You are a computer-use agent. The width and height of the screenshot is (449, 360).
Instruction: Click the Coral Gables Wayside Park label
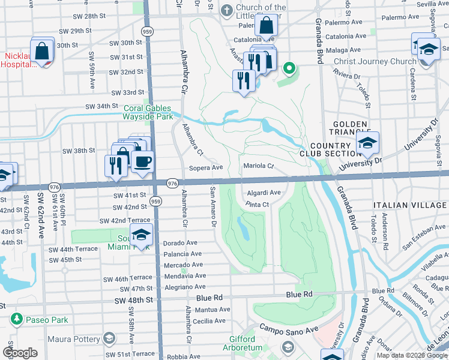point(148,112)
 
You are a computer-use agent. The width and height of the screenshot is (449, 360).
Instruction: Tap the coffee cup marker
point(142,161)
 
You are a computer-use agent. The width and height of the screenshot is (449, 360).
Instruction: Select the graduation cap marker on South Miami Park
point(141,235)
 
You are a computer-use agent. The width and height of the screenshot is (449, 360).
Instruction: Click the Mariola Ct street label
point(259,166)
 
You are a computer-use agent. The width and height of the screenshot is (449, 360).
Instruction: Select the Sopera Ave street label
point(206,168)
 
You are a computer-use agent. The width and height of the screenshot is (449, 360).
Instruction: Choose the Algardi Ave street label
point(264,193)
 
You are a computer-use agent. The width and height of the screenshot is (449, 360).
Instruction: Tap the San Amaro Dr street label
point(212,207)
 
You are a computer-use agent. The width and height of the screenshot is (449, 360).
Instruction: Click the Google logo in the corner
point(20,353)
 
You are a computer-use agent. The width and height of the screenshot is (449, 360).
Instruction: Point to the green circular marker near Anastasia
point(289,68)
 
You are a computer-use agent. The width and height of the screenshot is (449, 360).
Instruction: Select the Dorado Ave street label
point(180,243)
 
